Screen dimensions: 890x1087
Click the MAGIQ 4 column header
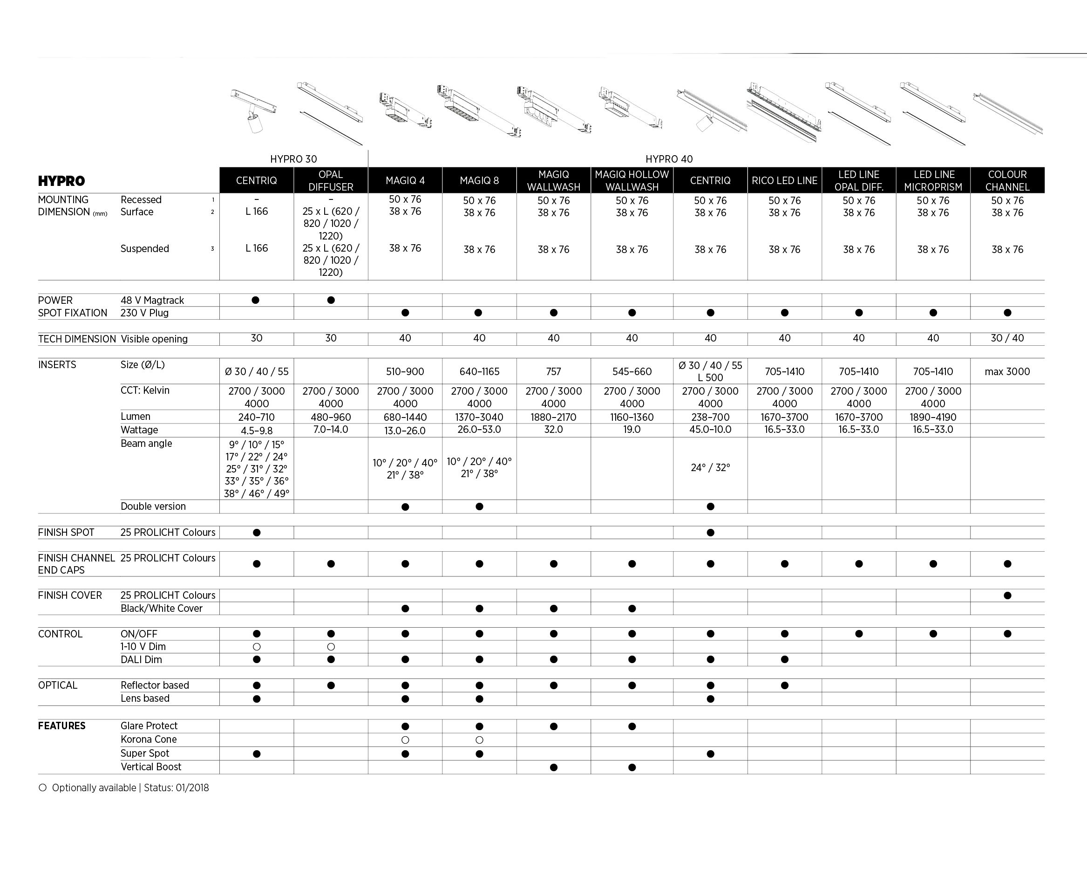pos(405,180)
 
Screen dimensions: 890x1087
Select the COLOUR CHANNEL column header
pos(1007,180)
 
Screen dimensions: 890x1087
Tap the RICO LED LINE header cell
pos(784,180)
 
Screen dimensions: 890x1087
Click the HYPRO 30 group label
pos(294,159)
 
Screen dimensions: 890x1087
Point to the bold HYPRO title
pos(61,181)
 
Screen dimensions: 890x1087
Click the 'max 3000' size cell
pos(1007,372)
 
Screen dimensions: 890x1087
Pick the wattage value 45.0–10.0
pos(710,430)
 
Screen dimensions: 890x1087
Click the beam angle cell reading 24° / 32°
pos(710,467)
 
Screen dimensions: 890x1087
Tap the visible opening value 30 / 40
pos(1007,338)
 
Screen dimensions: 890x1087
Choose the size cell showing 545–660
pos(632,372)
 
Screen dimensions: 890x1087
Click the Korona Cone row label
pos(149,739)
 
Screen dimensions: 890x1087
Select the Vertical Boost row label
pos(151,767)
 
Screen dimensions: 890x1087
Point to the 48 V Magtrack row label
pos(152,301)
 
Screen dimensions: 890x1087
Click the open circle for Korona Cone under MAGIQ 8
pos(479,740)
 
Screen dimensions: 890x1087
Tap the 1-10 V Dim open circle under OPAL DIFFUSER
pos(331,647)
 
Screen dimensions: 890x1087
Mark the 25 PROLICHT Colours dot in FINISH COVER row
pos(1007,596)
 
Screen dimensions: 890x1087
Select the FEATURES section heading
pos(61,726)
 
